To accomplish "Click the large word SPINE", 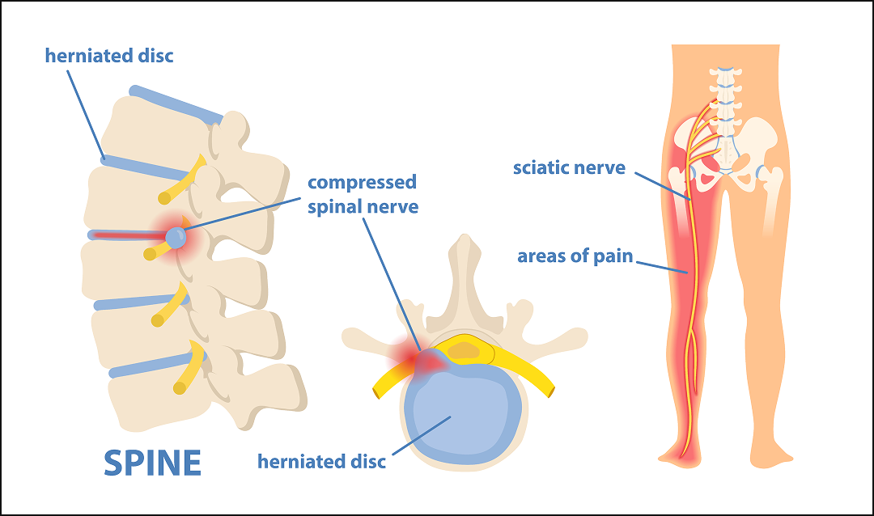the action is (152, 462).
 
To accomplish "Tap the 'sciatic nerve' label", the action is (569, 168).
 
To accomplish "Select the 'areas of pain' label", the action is (575, 258).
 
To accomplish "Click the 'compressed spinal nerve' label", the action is (363, 194).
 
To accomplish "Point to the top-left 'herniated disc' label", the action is (109, 57).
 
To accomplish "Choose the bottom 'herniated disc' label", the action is (321, 462).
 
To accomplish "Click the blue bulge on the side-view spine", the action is (176, 237).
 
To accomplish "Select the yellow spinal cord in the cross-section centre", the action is (462, 350).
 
